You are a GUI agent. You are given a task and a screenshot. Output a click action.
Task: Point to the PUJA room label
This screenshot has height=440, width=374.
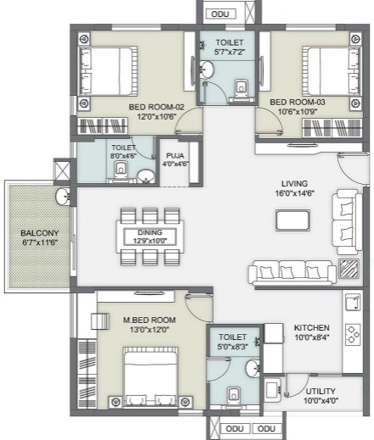tap(176, 156)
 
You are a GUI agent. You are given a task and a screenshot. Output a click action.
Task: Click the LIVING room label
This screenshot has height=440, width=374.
tap(294, 183)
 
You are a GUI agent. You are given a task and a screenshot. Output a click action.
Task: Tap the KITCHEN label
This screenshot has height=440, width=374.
tap(311, 327)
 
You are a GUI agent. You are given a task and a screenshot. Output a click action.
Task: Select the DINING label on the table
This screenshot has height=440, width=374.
tap(149, 232)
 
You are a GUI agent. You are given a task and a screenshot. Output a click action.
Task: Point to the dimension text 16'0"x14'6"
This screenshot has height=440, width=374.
tap(294, 193)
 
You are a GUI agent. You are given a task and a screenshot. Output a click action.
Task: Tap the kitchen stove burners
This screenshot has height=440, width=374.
tap(353, 331)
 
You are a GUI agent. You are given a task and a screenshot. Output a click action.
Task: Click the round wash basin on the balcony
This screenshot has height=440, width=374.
tap(63, 198)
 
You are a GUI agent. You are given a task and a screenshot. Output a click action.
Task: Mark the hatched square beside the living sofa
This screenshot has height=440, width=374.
tap(348, 269)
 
